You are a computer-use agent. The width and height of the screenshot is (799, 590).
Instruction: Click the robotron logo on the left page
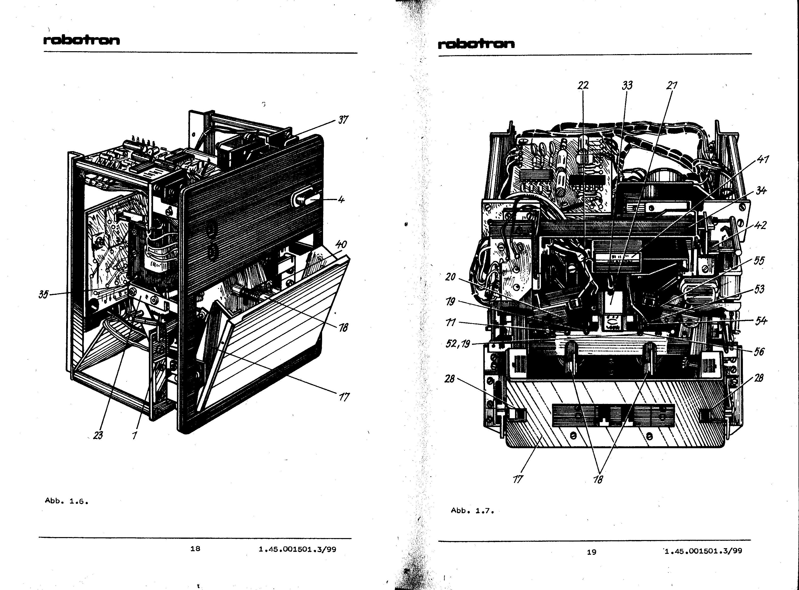81,40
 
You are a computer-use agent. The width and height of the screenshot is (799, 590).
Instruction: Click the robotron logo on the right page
476,44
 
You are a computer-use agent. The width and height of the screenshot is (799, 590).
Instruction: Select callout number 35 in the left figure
44,295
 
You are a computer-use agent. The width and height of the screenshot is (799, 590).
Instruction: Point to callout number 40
341,245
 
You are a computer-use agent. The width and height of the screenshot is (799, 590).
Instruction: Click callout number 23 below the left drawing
98,435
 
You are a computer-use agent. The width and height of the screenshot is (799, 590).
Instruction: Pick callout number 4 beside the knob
341,199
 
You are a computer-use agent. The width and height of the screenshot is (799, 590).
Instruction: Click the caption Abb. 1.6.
66,501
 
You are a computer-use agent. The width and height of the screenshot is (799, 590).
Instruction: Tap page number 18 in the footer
195,549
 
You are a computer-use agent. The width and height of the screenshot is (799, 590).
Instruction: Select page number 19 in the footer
592,552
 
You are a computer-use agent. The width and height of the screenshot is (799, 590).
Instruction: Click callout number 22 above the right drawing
583,85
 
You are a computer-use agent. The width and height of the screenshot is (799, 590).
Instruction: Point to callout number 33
627,85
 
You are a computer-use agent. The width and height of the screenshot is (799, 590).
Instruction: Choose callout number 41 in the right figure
763,159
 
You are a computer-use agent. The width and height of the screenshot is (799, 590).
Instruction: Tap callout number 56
759,351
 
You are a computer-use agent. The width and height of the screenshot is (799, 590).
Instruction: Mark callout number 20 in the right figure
451,277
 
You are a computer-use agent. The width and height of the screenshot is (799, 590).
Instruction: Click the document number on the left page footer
298,549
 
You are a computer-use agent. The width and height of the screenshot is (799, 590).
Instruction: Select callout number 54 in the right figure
761,321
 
